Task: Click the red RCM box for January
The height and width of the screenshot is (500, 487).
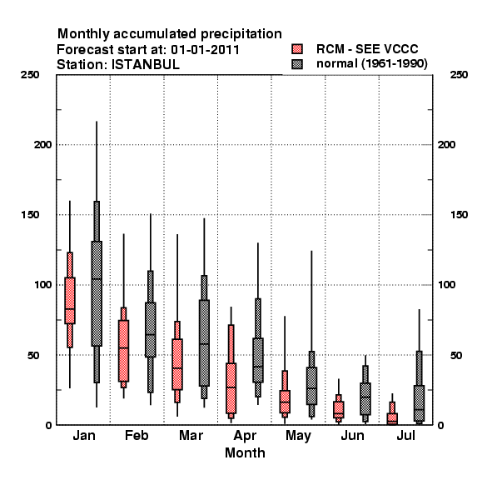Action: point(70,300)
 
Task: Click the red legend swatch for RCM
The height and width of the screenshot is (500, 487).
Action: point(297,49)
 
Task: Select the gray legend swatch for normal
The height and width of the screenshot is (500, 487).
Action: point(297,64)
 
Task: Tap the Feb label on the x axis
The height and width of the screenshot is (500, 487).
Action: point(137,435)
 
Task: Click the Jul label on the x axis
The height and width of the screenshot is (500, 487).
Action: point(405,435)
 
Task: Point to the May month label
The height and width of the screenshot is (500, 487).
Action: point(298,436)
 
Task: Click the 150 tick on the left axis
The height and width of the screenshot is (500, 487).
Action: point(30,215)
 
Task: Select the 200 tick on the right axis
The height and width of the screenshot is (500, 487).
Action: point(446,144)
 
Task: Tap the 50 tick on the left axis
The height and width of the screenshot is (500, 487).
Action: point(33,355)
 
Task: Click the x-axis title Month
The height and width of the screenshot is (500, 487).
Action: point(245,452)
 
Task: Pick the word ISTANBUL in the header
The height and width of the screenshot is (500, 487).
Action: point(145,65)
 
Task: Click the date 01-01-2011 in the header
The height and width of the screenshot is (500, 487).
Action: point(205,50)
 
